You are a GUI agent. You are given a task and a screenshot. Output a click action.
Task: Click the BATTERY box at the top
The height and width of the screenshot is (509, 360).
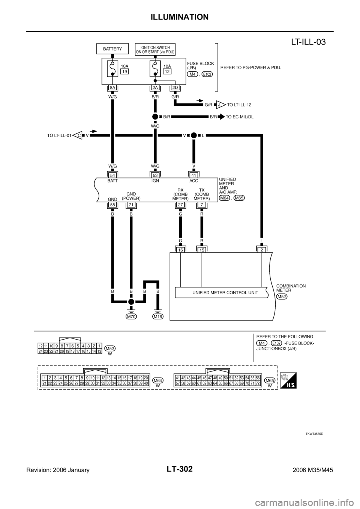click(112, 49)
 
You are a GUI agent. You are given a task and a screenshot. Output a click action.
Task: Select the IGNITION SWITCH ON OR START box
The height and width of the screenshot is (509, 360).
click(155, 49)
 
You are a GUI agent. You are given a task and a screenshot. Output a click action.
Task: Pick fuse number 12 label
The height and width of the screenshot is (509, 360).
click(167, 71)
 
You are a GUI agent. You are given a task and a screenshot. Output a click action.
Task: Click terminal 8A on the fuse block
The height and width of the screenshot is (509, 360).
click(112, 88)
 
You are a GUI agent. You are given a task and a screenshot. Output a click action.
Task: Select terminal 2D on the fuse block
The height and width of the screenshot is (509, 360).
click(175, 88)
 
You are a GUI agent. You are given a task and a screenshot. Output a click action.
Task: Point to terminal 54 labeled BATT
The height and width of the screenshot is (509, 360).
click(112, 175)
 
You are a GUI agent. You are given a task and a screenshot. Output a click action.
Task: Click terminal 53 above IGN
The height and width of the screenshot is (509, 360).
click(155, 175)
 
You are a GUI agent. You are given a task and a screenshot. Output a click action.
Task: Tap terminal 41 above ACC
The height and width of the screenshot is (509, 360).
click(193, 175)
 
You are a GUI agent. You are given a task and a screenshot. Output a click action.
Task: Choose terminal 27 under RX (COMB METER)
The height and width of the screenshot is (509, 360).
click(180, 205)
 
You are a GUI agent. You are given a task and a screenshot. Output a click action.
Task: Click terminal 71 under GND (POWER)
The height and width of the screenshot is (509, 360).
click(131, 205)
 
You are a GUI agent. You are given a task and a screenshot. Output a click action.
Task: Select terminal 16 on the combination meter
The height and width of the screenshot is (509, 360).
click(180, 249)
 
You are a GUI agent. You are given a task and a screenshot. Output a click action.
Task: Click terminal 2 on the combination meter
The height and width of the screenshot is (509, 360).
click(261, 249)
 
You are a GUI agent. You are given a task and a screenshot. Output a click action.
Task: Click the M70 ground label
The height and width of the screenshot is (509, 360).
click(131, 316)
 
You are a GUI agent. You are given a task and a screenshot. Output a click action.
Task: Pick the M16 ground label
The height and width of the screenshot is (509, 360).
click(158, 316)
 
